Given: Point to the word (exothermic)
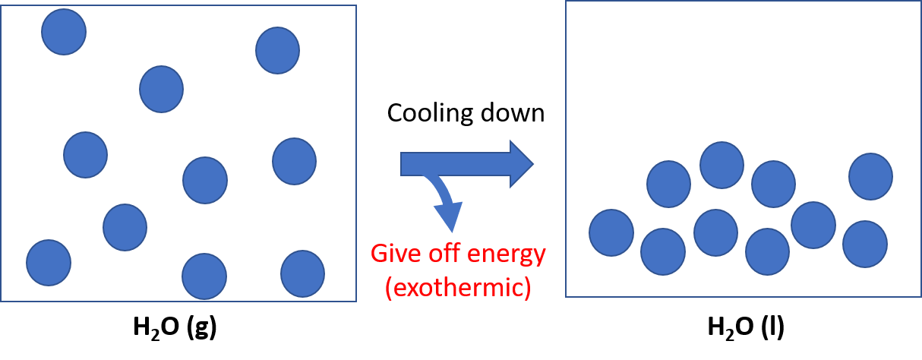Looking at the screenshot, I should pyautogui.click(x=458, y=289).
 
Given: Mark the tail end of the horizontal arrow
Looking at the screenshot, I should pyautogui.click(x=403, y=163).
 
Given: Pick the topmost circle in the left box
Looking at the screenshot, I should pyautogui.click(x=64, y=32).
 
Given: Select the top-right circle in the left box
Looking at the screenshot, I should pyautogui.click(x=277, y=50).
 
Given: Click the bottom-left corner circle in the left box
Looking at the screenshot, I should pyautogui.click(x=49, y=263).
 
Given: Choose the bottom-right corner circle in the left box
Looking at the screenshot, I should pyautogui.click(x=302, y=273).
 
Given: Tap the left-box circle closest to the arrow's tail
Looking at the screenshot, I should pyautogui.click(x=294, y=161).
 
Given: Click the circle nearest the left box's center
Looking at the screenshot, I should pyautogui.click(x=205, y=180).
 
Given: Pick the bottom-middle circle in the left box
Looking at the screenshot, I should pyautogui.click(x=204, y=276).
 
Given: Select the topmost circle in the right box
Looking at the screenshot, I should pyautogui.click(x=721, y=165).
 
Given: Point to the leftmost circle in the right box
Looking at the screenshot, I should pyautogui.click(x=611, y=232).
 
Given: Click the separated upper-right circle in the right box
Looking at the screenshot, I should pyautogui.click(x=870, y=176).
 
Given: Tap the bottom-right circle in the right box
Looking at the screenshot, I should pyautogui.click(x=865, y=244).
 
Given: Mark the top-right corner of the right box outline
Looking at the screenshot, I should pyautogui.click(x=920, y=1).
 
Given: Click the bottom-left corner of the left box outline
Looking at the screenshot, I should pyautogui.click(x=1, y=302).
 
